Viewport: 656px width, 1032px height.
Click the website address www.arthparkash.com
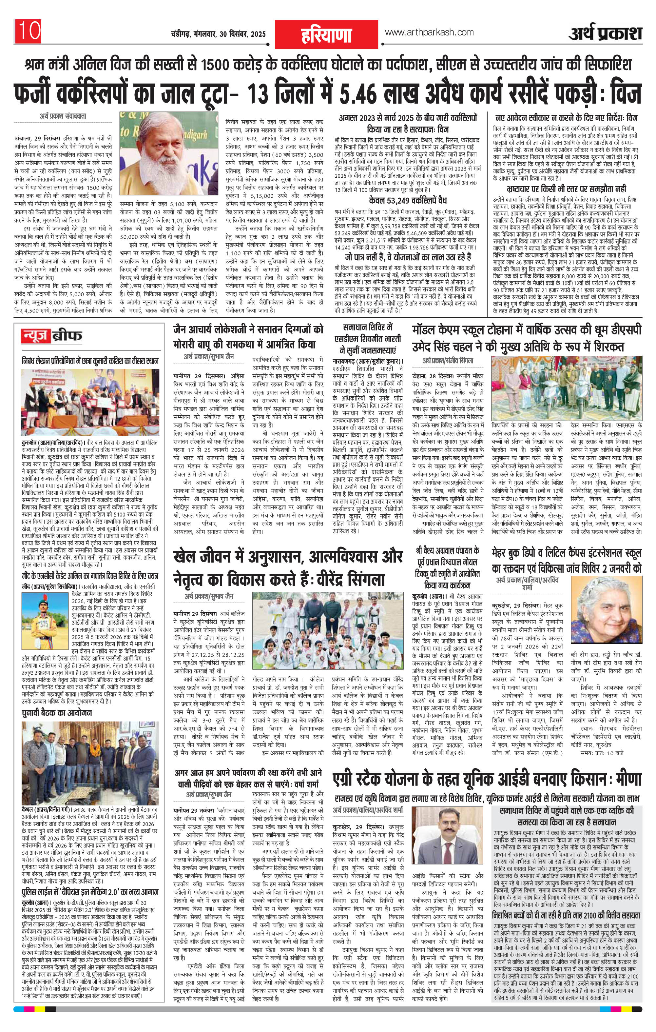point(429,32)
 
